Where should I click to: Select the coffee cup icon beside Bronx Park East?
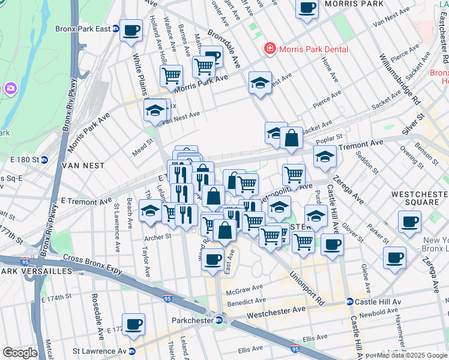coord(131,30)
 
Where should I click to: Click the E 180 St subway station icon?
coord(52,160)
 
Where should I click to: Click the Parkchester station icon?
coord(220,320)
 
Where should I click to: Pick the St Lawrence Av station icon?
coord(131,351)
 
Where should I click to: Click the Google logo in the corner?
coord(19,353)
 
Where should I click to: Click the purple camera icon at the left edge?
coord(10,89)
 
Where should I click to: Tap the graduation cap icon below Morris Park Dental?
coord(260,83)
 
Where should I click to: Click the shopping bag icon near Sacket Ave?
coord(291,138)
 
